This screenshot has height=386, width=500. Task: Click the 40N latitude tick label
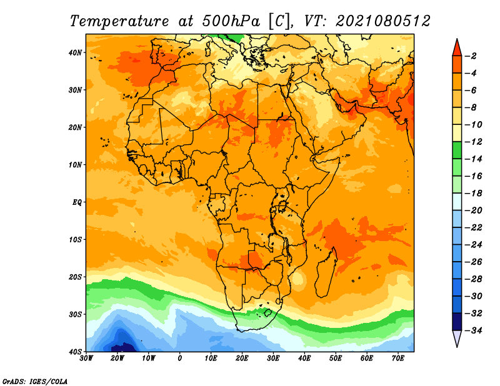75,52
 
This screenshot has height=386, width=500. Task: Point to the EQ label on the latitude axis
77,202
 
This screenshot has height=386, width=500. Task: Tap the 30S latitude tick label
75,314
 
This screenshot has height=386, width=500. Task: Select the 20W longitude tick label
117,359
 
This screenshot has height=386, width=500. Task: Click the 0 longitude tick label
180,359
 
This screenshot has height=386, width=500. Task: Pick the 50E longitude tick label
336,359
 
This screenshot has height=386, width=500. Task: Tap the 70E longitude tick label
397,359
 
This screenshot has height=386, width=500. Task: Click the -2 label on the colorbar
471,56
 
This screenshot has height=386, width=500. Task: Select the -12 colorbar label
473,142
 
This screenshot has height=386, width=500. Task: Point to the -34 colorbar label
473,330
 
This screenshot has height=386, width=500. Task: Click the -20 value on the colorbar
473,210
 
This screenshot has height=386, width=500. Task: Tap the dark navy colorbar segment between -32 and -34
457,322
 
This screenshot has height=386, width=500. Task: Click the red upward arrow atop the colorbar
457,48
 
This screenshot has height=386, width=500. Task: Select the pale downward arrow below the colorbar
457,338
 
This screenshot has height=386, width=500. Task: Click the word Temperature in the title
119,21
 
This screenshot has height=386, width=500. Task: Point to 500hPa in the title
231,21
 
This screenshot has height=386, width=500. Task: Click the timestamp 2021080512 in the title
383,21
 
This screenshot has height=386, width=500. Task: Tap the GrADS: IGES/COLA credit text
35,382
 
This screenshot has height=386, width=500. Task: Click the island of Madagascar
326,272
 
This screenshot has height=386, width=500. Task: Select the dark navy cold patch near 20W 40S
123,348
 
